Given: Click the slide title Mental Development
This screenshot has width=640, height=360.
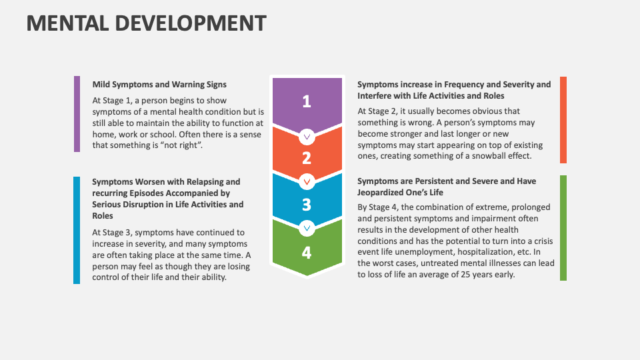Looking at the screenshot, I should [146, 23].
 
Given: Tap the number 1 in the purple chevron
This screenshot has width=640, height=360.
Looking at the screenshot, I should [306, 101].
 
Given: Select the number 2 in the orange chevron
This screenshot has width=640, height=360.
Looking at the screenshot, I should [306, 158].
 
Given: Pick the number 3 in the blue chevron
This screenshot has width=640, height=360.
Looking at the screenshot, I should [306, 204].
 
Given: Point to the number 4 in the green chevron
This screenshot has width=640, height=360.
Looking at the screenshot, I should [306, 251].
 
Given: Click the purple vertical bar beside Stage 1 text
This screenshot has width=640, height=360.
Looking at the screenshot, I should [77, 113].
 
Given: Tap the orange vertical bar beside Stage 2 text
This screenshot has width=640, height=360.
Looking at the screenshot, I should [563, 120].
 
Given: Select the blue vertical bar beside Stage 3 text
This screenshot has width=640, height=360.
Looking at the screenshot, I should [77, 230].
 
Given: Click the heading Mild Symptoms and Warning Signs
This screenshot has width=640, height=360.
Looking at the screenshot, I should [159, 85].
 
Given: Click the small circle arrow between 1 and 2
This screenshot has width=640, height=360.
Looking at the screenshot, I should [307, 137].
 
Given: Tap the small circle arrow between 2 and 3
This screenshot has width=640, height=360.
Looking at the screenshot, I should [307, 181].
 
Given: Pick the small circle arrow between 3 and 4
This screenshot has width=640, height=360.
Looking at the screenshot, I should [307, 228].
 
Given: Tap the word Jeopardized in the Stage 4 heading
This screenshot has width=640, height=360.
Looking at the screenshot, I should [382, 193].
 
